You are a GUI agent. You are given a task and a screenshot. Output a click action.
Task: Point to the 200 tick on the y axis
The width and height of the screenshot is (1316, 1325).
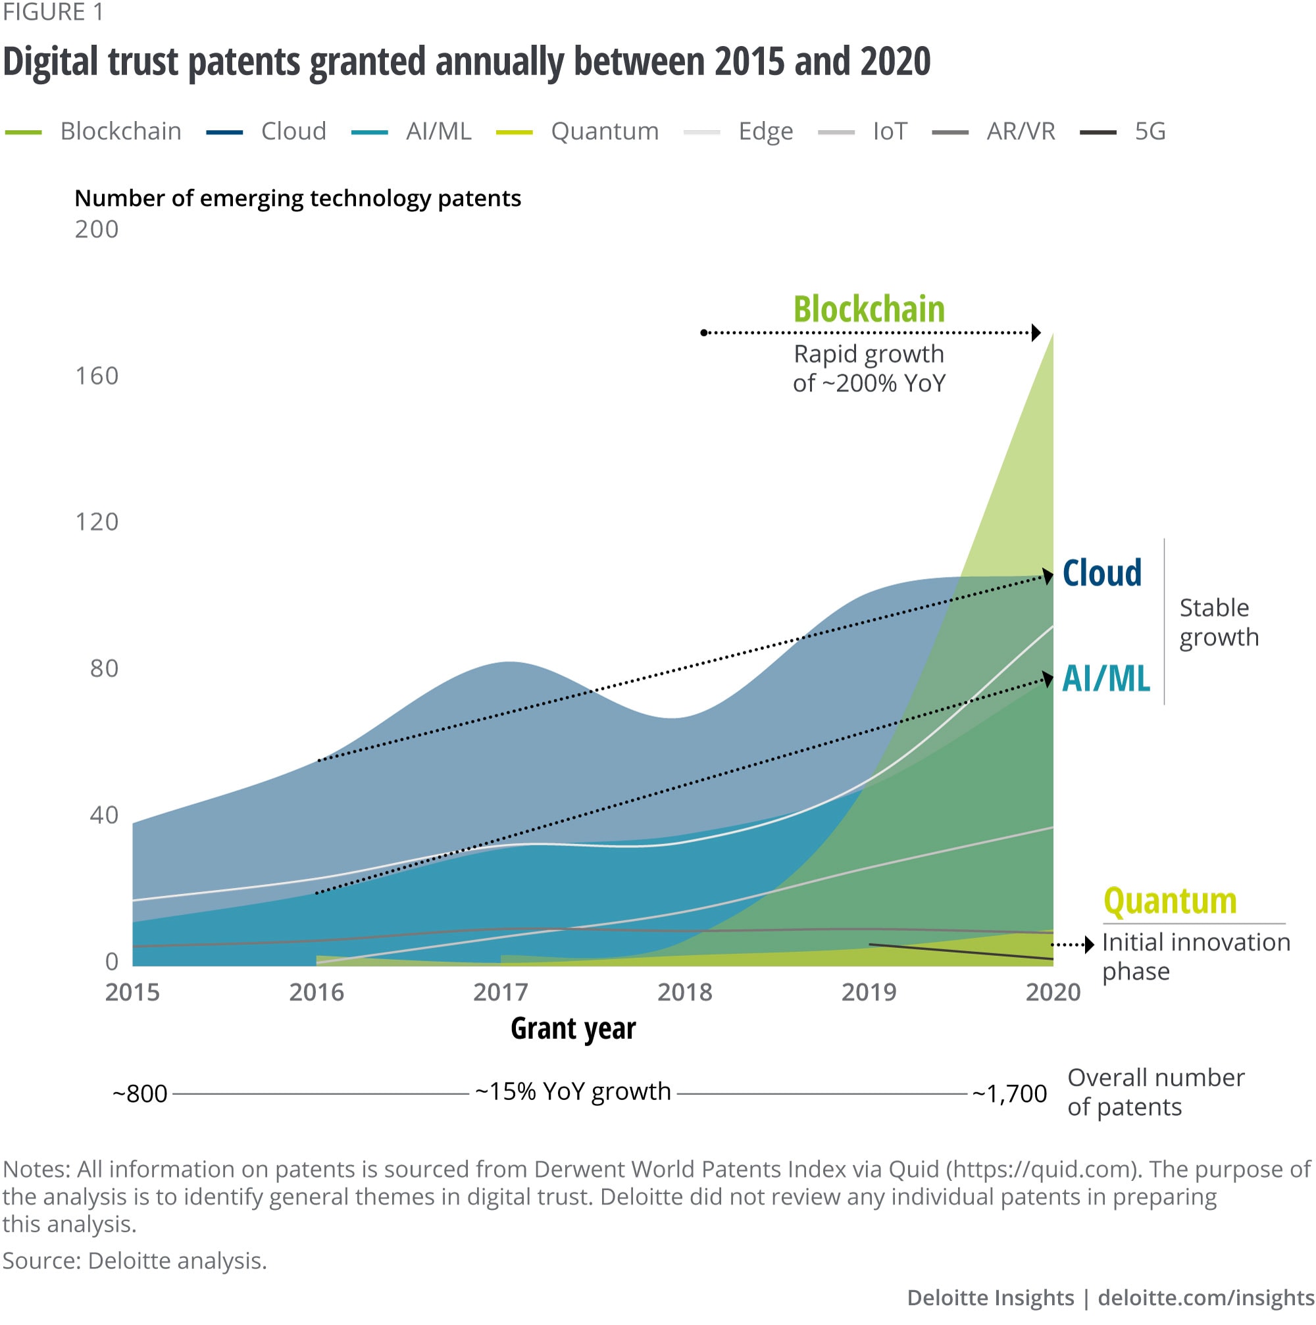point(97,229)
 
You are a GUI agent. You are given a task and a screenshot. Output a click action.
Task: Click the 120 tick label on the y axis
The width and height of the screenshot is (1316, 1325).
point(97,522)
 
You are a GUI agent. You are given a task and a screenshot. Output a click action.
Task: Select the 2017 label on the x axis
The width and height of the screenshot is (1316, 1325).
point(501,992)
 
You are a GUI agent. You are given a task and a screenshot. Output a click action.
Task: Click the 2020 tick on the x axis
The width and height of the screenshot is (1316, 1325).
point(1053,992)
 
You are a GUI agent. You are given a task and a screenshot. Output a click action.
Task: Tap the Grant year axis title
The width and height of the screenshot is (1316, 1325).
point(573,1029)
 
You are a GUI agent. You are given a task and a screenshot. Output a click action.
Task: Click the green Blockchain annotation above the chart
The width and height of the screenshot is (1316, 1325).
point(869,309)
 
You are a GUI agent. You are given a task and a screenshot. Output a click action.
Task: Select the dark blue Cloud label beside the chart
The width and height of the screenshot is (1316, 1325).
point(1102,572)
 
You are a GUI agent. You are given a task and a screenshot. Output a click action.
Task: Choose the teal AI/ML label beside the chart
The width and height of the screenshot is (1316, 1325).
point(1105,679)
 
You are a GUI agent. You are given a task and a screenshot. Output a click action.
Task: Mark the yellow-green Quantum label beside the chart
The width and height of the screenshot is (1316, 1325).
point(1170,901)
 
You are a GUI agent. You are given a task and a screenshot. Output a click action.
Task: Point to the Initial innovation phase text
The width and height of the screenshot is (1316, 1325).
point(1196,957)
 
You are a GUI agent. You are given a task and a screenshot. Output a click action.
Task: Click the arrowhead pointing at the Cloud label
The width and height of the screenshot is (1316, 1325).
point(1047,576)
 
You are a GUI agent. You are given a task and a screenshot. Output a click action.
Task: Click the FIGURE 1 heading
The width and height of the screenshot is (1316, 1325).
point(53,12)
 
